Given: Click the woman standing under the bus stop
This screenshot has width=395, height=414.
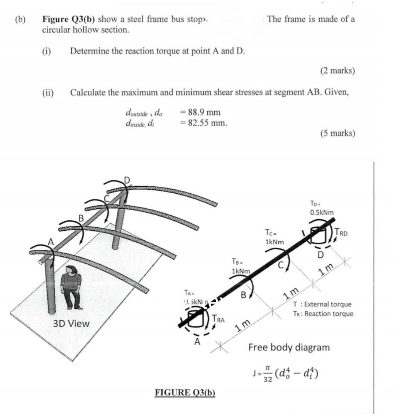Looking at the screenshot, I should [x=71, y=287].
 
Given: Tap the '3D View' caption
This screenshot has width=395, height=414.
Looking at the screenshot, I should [x=71, y=323].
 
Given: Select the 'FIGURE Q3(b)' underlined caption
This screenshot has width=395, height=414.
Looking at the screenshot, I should [x=185, y=392].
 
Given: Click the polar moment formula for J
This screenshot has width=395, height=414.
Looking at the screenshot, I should [x=285, y=373].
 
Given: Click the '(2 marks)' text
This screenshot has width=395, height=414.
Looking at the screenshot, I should [x=337, y=71].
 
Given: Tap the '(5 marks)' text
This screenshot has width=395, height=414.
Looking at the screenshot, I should [x=337, y=133].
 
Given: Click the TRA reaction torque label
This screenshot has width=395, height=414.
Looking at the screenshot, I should [x=219, y=319].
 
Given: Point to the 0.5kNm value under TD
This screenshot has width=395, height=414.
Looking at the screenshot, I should [x=322, y=213].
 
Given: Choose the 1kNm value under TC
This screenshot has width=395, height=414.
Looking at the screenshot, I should [x=275, y=242].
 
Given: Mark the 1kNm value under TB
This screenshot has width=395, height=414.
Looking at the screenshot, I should [x=241, y=271].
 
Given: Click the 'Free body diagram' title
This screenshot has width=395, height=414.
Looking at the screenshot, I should [x=289, y=347].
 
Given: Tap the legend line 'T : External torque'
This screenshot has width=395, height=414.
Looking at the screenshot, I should [x=322, y=304].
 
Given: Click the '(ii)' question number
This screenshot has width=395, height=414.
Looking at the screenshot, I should [x=48, y=93].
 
